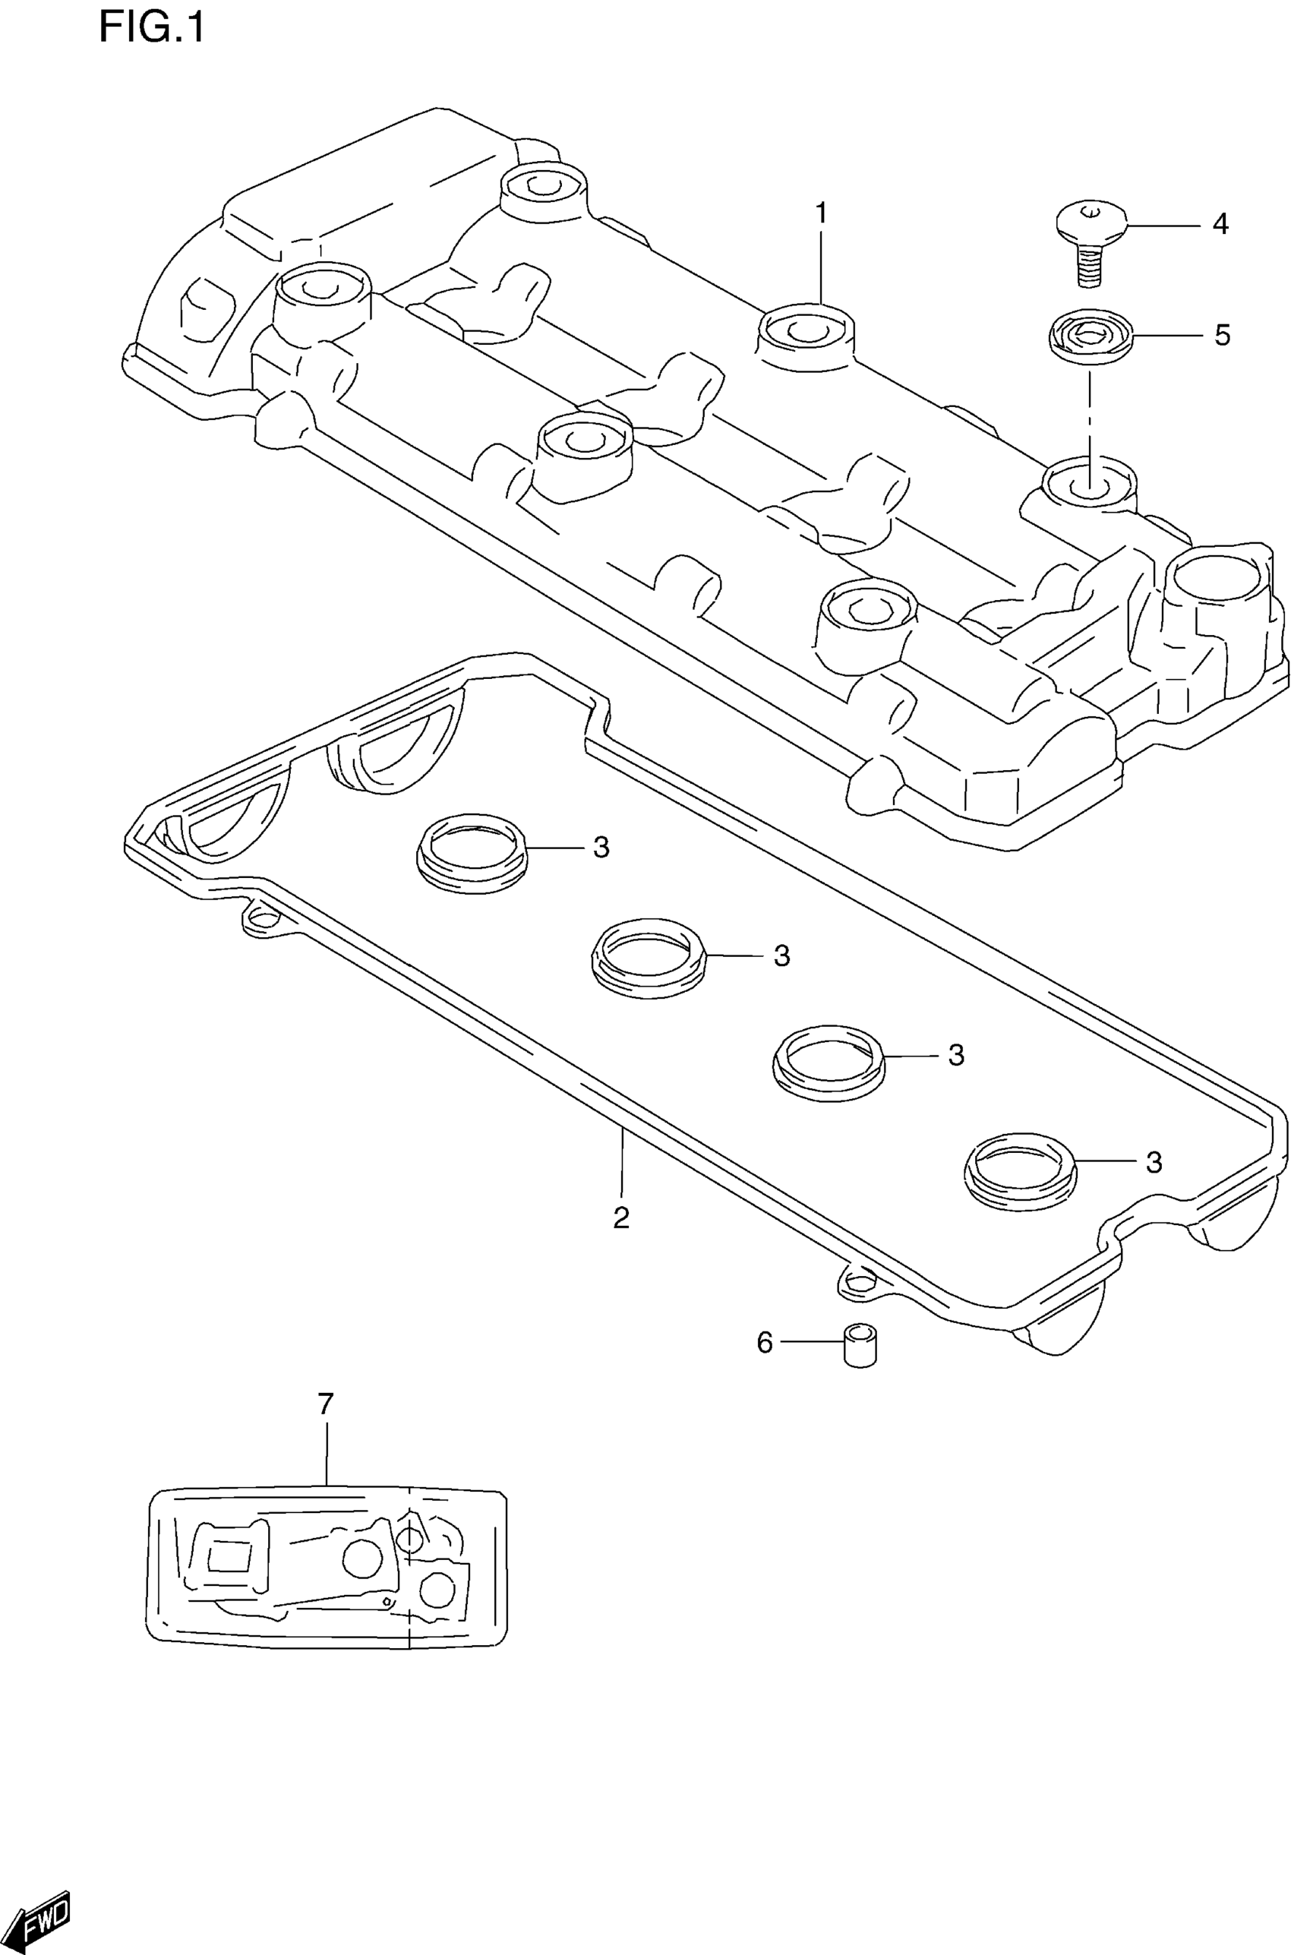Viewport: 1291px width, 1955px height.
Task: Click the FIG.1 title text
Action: pyautogui.click(x=150, y=27)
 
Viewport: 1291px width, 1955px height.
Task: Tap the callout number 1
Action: pyautogui.click(x=821, y=213)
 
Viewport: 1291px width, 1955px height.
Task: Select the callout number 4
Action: pyautogui.click(x=1220, y=224)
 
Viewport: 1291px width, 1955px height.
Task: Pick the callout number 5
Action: pyautogui.click(x=1222, y=335)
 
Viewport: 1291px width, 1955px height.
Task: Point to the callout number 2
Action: pyautogui.click(x=622, y=1218)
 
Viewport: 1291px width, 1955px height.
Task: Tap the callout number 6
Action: pyautogui.click(x=765, y=1343)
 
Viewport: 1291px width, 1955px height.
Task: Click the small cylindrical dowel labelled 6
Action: pyautogui.click(x=860, y=1345)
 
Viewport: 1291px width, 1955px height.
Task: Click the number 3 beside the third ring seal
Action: pyautogui.click(x=956, y=1055)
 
